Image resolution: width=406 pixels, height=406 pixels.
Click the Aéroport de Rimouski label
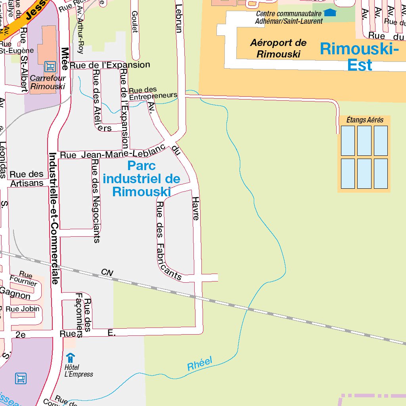278,48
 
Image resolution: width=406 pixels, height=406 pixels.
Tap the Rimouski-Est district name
359,57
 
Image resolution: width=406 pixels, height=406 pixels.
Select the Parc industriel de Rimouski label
142,178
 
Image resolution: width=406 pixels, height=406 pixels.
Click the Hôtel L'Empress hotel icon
70,357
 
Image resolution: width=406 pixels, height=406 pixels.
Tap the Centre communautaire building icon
329,13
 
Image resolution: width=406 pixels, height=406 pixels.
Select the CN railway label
107,272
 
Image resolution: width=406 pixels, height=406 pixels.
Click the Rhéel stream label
200,364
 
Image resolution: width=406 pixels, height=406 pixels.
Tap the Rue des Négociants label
96,201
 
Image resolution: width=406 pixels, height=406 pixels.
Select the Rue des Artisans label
27,178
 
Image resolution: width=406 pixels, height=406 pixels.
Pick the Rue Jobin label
25,309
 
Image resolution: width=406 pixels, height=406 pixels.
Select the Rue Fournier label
24,279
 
